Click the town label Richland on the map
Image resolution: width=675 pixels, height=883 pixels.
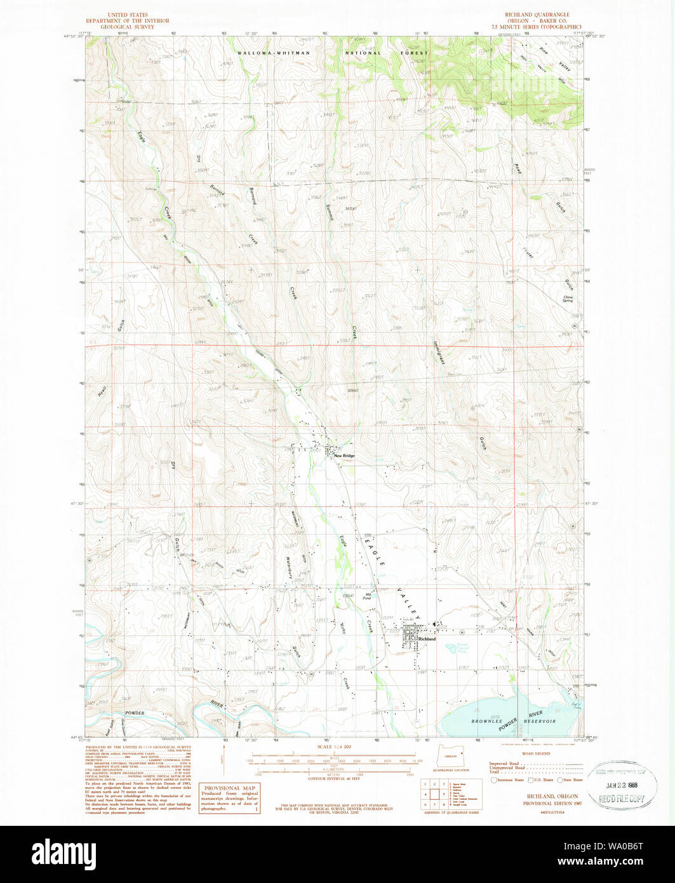[x=427, y=639]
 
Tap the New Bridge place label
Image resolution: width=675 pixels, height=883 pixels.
[x=344, y=455]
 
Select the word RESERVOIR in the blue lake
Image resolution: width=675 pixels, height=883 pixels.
[x=540, y=722]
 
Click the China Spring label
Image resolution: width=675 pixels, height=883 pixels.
[x=563, y=299]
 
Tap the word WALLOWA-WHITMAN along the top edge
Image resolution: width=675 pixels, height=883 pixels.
[x=274, y=53]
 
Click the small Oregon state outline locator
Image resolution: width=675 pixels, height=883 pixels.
[x=450, y=757]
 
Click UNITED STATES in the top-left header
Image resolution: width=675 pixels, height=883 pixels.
[x=128, y=14]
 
